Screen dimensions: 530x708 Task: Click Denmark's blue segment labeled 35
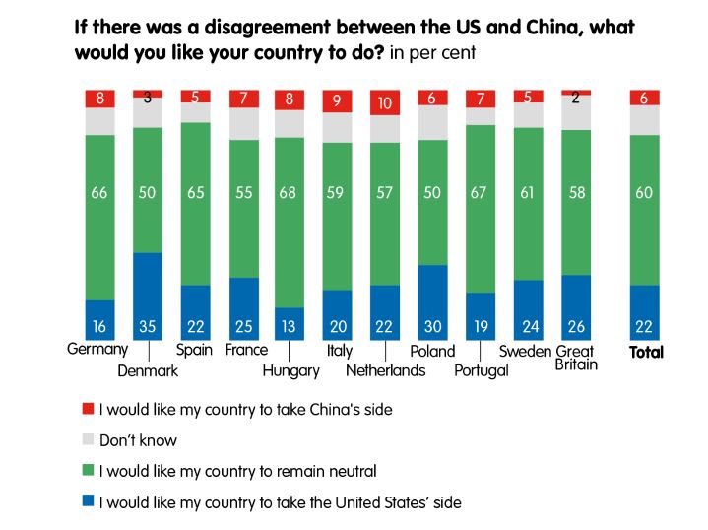[148, 296]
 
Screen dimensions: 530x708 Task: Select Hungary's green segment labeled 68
[290, 222]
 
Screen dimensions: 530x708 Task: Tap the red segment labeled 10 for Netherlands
[386, 102]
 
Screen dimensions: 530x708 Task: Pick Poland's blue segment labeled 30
[433, 301]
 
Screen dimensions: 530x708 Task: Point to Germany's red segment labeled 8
[99, 98]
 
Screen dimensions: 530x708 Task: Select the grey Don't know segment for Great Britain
[577, 112]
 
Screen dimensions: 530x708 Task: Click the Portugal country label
[481, 370]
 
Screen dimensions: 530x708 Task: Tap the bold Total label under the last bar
[646, 352]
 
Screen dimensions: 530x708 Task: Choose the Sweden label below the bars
[526, 351]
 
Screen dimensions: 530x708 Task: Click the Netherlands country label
[385, 370]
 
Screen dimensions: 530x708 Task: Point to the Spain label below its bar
[194, 350]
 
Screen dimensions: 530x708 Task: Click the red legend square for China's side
[88, 407]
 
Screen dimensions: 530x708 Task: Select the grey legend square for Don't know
[88, 439]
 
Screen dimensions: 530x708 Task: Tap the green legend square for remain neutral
[88, 471]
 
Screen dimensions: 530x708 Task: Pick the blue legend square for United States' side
[88, 502]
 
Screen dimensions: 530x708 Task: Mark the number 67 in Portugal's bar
[482, 192]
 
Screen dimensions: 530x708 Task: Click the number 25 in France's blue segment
[242, 326]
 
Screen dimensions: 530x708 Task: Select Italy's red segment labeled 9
[338, 99]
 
